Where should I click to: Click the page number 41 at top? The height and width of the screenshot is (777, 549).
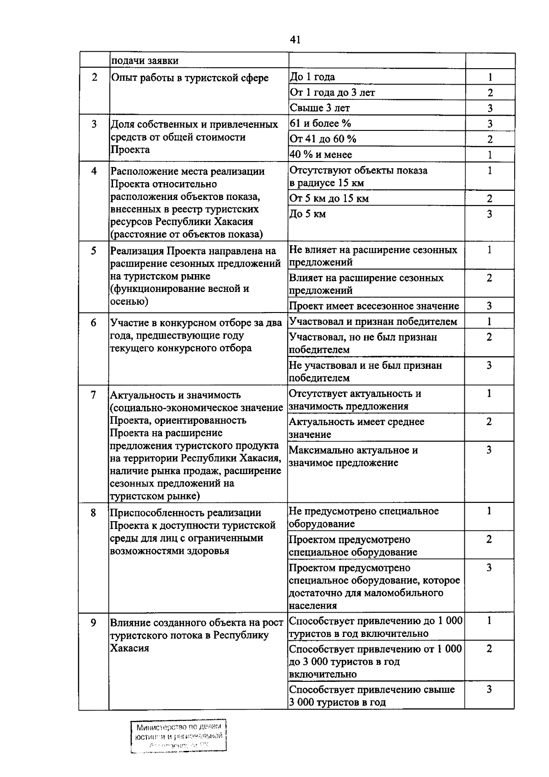(x=295, y=40)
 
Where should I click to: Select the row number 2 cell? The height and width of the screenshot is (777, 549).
(x=94, y=77)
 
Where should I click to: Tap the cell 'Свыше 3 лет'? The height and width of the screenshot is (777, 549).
(x=320, y=108)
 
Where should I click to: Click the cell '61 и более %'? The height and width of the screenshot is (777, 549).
(x=320, y=124)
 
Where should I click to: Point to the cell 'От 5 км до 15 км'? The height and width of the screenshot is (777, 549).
(x=329, y=199)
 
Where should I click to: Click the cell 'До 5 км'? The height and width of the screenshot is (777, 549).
(x=308, y=214)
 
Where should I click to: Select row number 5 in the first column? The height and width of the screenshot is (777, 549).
(x=94, y=250)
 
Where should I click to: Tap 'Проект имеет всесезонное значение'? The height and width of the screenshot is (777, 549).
(x=374, y=306)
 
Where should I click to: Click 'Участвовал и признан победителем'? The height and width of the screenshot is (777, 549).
(x=373, y=322)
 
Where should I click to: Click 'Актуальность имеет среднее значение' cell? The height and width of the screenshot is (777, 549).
(x=357, y=428)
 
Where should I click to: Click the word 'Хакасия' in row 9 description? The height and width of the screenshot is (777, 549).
(x=129, y=648)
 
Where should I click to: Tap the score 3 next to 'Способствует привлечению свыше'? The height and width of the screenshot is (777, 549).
(x=489, y=689)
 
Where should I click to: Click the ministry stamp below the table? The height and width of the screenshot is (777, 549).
(x=178, y=736)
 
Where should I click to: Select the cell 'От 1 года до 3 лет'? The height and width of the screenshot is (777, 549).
(x=332, y=92)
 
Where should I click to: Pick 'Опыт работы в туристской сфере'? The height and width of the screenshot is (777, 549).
(x=190, y=78)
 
